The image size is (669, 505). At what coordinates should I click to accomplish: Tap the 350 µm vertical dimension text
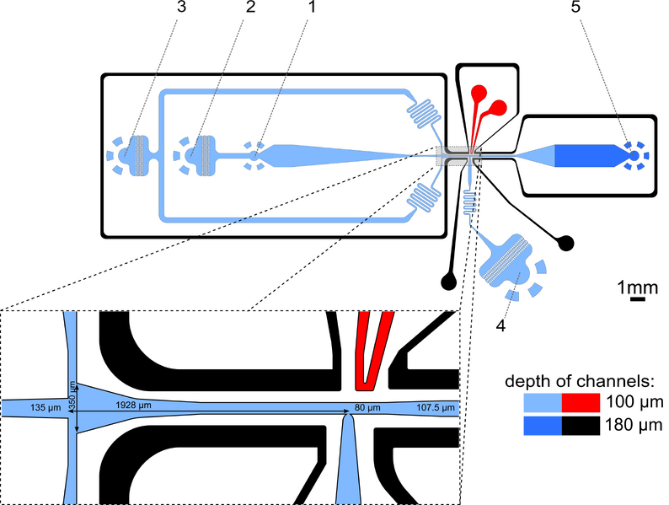coord(72,395)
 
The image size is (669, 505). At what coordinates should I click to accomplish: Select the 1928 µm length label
coord(134,406)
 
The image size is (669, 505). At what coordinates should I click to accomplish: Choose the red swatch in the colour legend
coord(582,402)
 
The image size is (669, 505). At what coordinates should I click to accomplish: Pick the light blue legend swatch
coord(542,402)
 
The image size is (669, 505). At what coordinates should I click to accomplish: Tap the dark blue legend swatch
coord(542,426)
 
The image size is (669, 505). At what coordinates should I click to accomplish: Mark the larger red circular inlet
coord(498,108)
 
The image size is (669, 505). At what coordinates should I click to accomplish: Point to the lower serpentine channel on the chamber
coord(425,198)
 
